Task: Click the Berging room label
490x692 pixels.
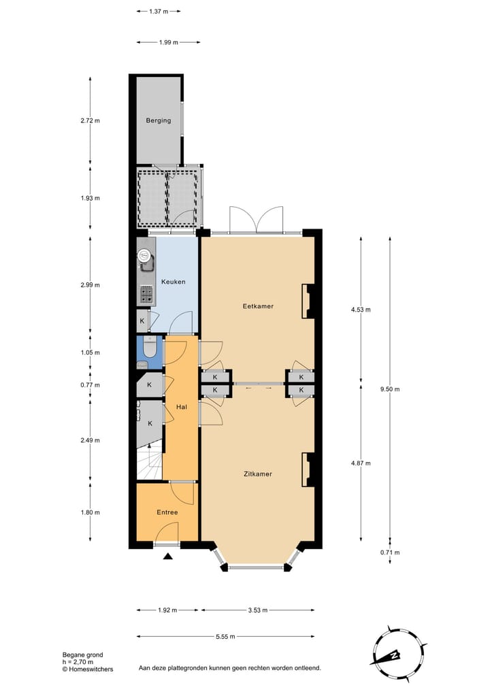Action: [158, 121]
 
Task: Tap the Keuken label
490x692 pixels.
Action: [173, 282]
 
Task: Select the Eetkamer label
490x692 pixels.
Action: [258, 306]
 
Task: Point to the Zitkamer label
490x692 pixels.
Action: [258, 474]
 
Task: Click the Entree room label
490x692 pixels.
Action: [167, 512]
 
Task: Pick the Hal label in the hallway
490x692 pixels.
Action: [181, 407]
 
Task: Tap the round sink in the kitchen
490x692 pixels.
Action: [144, 256]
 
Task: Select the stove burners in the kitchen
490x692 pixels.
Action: [146, 295]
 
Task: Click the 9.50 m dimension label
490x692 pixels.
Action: [390, 389]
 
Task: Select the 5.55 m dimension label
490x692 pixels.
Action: [225, 637]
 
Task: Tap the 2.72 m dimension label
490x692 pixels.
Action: [91, 121]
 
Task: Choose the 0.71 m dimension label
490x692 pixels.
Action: [390, 553]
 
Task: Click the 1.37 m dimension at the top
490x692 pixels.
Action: [158, 12]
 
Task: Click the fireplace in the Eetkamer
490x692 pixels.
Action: [308, 301]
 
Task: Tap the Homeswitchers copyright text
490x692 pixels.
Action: [88, 670]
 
